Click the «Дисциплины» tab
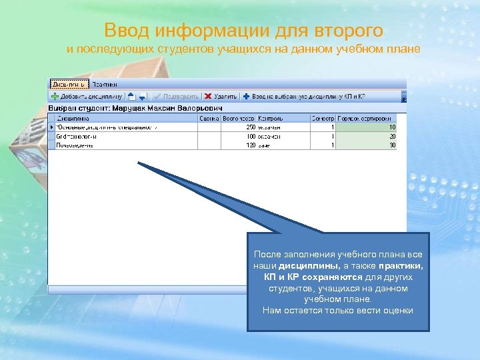pos(68,85)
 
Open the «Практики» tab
pos(104,85)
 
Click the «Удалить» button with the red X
pos(220,96)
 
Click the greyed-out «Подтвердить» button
pos(176,96)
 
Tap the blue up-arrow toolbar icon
pos(131,96)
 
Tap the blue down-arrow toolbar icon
pos(143,97)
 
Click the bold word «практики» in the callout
pos(403,265)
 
